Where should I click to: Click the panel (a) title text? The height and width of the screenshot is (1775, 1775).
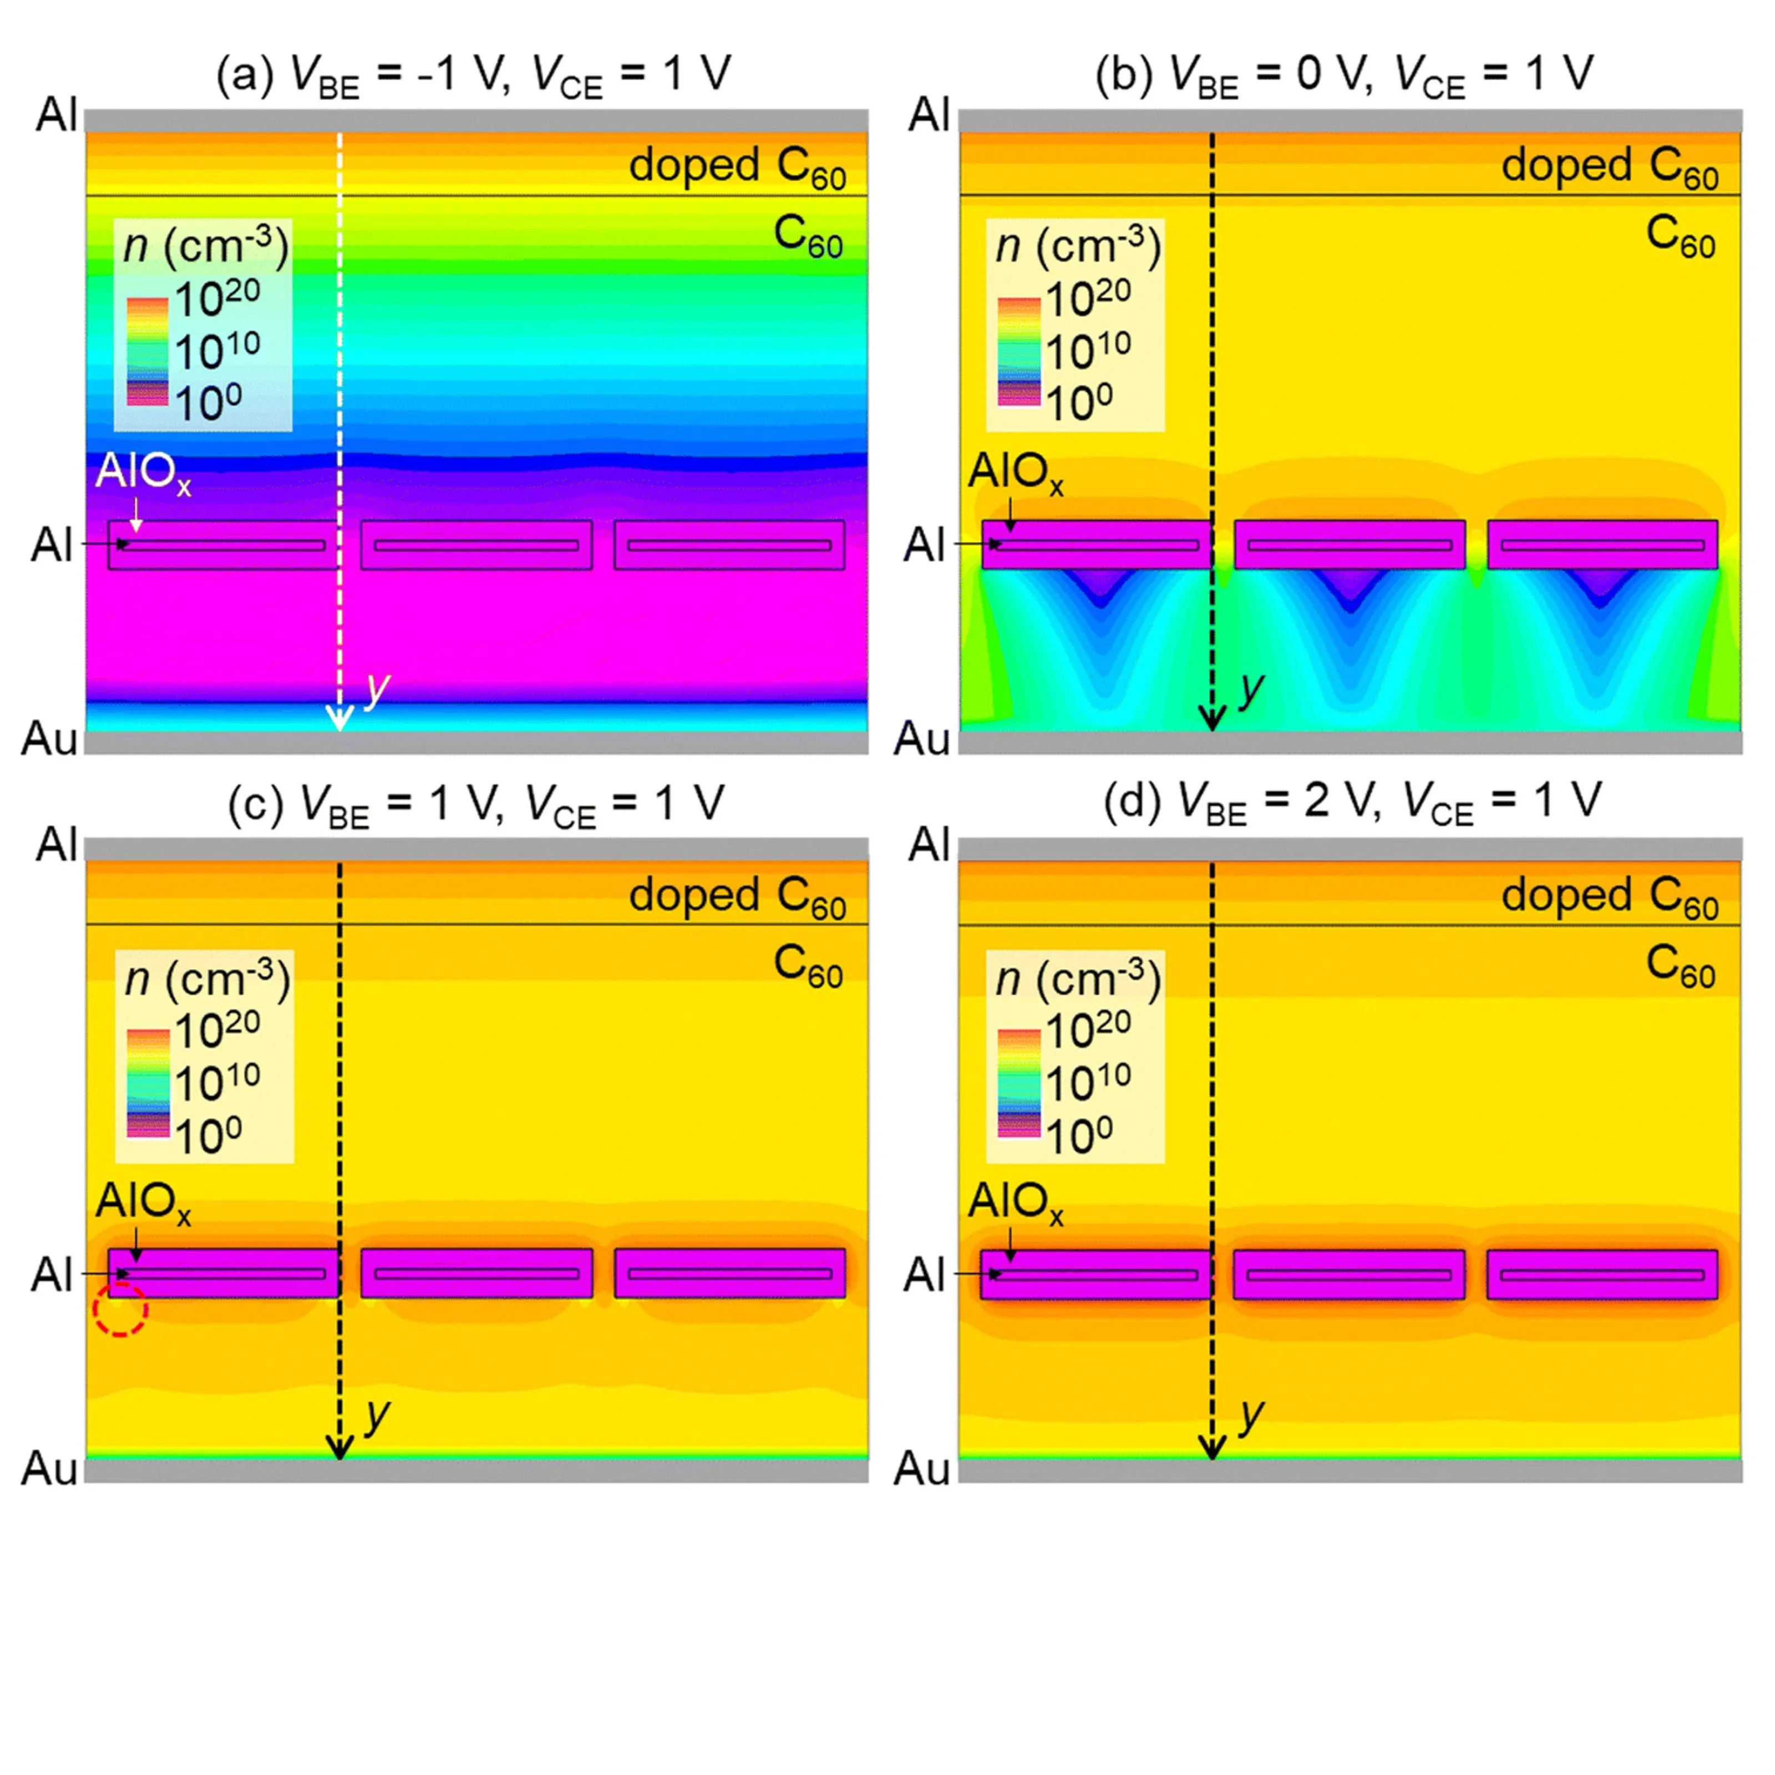pos(473,74)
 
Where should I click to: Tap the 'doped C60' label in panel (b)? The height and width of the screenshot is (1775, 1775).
pos(1610,167)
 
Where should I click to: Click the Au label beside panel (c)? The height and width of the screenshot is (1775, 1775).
pos(49,1467)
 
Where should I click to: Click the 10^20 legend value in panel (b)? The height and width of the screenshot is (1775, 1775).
pos(1088,298)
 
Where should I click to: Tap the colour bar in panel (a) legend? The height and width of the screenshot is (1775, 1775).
pos(147,351)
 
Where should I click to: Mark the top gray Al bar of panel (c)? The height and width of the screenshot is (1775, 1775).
pos(476,849)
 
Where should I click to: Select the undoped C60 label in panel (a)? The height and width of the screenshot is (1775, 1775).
pos(808,235)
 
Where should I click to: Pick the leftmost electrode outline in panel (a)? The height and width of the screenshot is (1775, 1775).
pos(222,545)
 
